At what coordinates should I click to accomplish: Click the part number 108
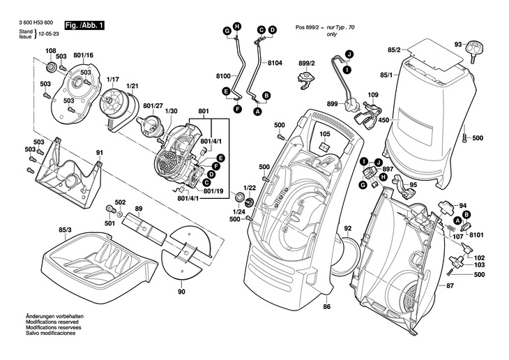51,50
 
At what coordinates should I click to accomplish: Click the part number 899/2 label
307,63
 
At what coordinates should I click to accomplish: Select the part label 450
383,121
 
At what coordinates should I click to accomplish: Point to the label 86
326,308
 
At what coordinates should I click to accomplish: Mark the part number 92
348,227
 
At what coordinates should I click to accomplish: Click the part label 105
324,134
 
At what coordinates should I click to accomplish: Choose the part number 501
109,223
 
